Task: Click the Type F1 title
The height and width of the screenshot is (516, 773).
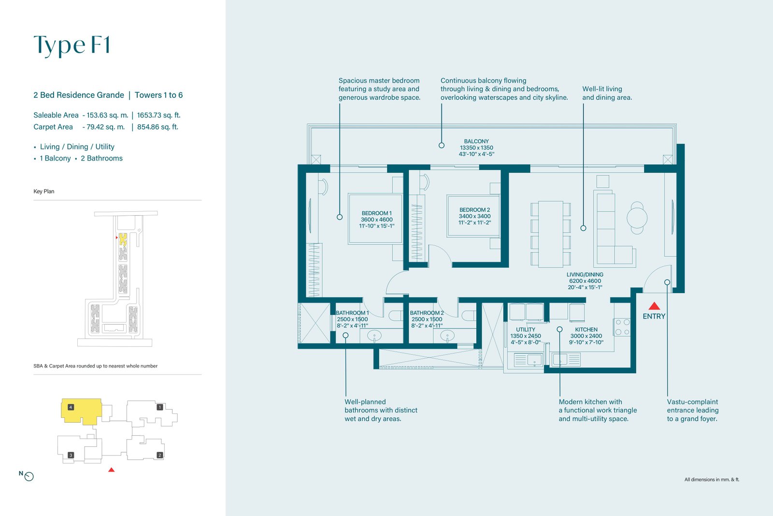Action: click(x=72, y=45)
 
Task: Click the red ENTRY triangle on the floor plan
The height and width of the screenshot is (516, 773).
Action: click(x=654, y=306)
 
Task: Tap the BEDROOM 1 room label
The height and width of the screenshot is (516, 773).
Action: click(x=376, y=213)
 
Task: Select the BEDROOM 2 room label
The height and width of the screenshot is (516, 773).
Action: click(x=474, y=210)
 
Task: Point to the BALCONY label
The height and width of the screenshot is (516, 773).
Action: click(x=476, y=141)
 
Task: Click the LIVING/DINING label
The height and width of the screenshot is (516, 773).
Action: click(x=585, y=275)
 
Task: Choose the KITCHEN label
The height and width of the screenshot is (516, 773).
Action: click(x=586, y=329)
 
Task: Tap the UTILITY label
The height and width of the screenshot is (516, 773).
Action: click(x=526, y=329)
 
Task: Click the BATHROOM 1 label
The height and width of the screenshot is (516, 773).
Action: click(x=352, y=313)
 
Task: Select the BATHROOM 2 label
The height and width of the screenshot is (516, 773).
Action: click(x=427, y=313)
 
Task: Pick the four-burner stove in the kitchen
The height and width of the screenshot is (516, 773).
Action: click(x=622, y=327)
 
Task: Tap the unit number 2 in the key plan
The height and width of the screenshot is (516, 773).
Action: click(x=160, y=455)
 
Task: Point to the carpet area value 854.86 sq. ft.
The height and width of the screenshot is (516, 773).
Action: click(x=157, y=127)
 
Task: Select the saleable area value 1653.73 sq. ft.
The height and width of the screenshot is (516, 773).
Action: click(x=159, y=115)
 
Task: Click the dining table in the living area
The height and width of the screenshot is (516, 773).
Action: click(x=551, y=234)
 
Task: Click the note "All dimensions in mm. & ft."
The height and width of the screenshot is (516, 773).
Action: click(x=712, y=479)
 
